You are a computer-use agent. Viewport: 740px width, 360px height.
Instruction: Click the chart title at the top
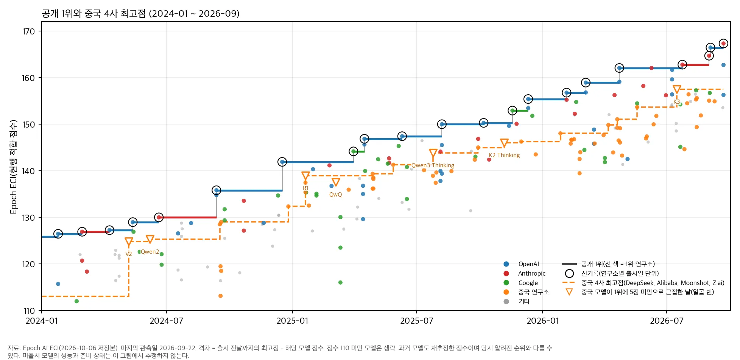pos(140,14)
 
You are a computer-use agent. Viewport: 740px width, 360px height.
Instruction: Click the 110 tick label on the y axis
pos(29,311)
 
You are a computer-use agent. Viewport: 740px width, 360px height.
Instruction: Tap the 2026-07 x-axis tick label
pos(667,321)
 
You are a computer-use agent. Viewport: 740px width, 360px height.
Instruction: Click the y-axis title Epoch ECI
pos(14,167)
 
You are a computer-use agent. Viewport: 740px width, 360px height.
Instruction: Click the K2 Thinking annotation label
pos(504,155)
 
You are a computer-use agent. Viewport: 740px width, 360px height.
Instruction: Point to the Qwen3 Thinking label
pos(433,165)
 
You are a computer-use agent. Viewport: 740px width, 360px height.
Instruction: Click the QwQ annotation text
pos(335,195)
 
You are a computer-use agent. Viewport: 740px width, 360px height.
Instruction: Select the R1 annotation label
pos(305,188)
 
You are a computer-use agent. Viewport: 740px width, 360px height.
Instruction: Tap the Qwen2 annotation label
pos(150,252)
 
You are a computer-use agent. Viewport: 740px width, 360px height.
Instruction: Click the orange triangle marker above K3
pos(677,90)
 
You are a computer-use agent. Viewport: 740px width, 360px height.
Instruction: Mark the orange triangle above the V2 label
pos(129,242)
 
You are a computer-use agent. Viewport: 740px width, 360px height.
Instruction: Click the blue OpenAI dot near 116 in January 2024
pos(58,284)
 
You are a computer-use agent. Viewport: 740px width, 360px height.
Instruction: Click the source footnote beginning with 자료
pos(280,352)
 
